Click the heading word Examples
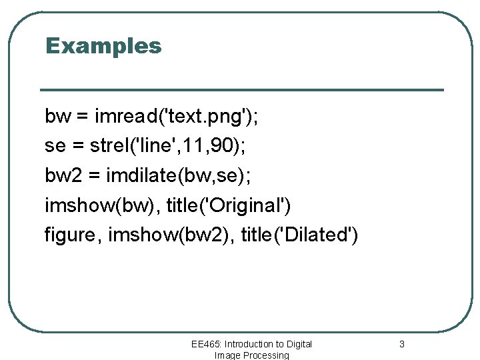103,46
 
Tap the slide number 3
401,344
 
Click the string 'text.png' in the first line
203,117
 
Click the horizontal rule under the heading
242,90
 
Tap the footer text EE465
206,344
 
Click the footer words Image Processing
251,355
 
